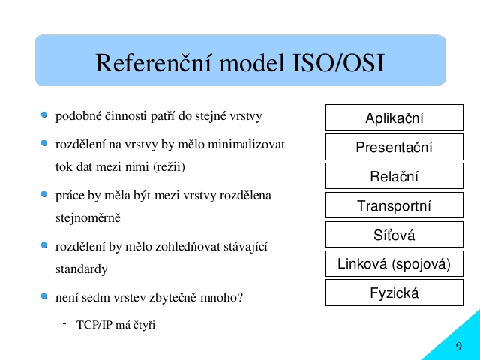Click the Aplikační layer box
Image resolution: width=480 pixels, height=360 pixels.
click(x=394, y=118)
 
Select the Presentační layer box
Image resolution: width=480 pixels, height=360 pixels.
click(x=394, y=147)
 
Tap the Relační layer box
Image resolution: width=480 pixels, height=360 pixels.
click(x=394, y=176)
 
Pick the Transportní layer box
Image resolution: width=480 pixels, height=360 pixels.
click(x=394, y=205)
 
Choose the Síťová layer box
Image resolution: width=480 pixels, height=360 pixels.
click(x=394, y=235)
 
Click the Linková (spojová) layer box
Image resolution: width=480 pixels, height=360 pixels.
click(x=394, y=263)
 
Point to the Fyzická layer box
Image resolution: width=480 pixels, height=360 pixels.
click(x=394, y=292)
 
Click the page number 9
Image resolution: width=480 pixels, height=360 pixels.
click(x=458, y=346)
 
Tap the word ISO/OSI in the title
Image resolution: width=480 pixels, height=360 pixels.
click(x=338, y=63)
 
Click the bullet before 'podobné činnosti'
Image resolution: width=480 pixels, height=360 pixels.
click(x=44, y=115)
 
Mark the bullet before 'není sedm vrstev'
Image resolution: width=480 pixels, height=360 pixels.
click(x=44, y=296)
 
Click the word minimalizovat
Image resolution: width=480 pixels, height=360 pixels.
click(x=247, y=144)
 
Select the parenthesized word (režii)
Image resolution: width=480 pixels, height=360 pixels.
click(x=169, y=167)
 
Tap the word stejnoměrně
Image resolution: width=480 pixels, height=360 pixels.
click(x=88, y=218)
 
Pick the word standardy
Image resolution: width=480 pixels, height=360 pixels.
click(x=82, y=269)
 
